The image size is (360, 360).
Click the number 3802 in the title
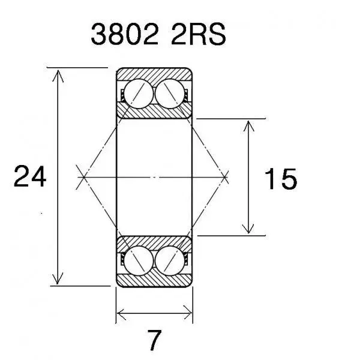(x=125, y=34)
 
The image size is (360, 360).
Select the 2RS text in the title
(x=199, y=34)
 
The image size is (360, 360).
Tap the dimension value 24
(x=30, y=176)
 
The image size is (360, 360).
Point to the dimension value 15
(x=281, y=178)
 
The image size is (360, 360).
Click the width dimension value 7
(x=154, y=340)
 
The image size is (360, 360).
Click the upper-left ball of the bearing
(x=139, y=94)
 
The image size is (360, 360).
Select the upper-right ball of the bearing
(x=170, y=94)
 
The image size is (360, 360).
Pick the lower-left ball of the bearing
(x=139, y=260)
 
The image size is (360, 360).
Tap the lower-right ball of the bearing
(x=170, y=260)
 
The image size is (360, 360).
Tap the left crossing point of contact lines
(x=84, y=177)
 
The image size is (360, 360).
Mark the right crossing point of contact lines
(x=224, y=177)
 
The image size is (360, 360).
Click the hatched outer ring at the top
(x=154, y=74)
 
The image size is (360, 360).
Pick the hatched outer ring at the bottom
(x=154, y=280)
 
